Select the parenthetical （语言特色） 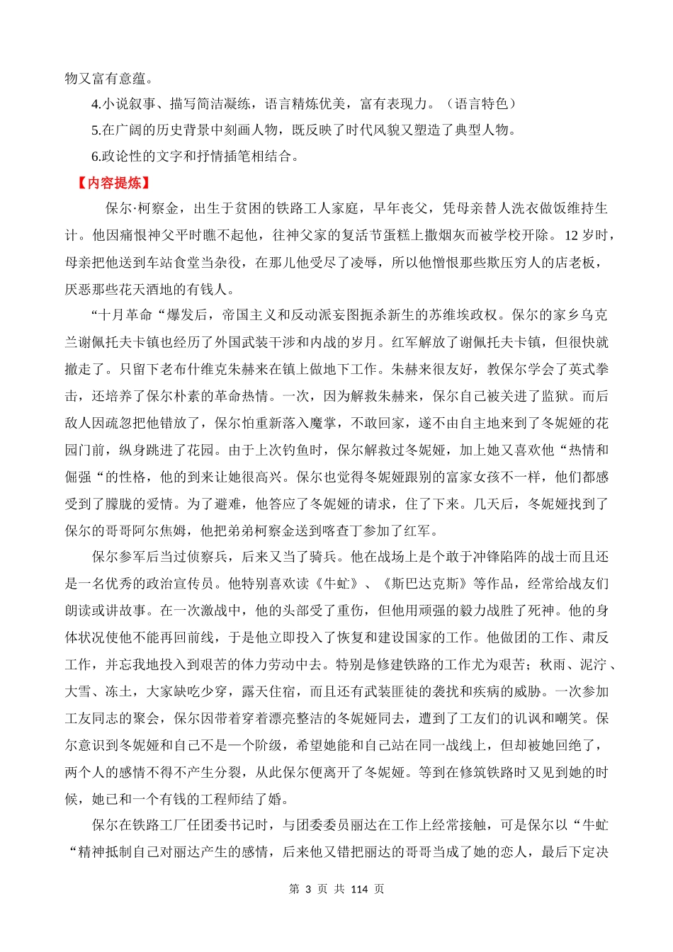tap(482, 103)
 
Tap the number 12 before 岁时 tap(572, 235)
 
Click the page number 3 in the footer tap(308, 889)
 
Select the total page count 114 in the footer tap(359, 889)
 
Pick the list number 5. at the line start tap(96, 130)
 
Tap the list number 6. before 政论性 tap(96, 157)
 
